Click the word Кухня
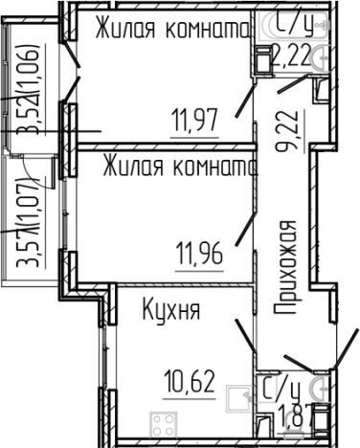click(x=171, y=311)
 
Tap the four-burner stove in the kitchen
click(x=165, y=421)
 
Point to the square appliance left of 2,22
click(x=262, y=57)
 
